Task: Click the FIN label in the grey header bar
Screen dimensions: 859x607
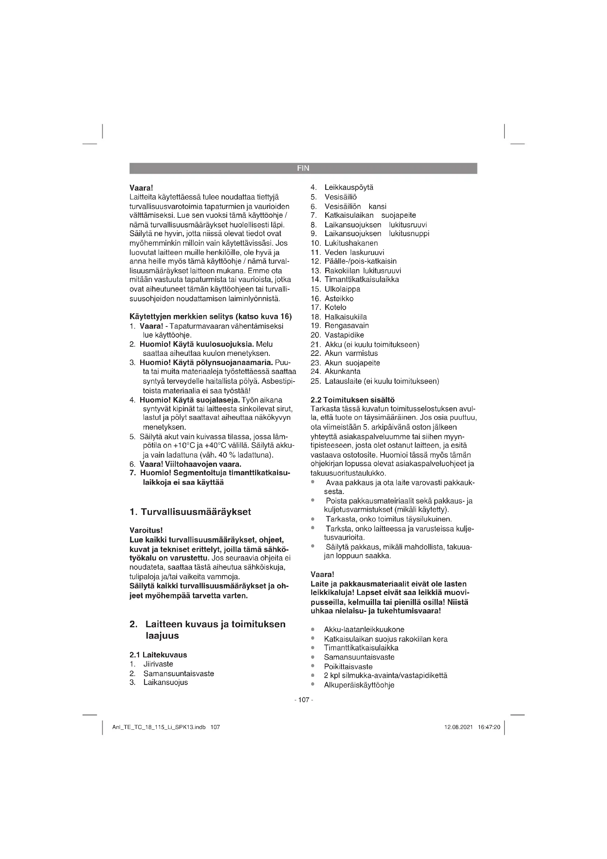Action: (303, 168)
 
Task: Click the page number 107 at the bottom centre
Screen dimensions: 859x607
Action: (303, 700)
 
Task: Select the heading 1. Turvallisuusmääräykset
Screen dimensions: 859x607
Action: (190, 512)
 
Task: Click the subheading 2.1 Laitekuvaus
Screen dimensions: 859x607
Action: (158, 655)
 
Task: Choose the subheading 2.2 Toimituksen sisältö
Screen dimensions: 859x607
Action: (352, 400)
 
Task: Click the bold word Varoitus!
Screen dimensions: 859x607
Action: (146, 530)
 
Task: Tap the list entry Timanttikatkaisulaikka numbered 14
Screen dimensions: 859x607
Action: (361, 279)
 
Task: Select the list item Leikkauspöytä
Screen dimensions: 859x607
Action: (349, 187)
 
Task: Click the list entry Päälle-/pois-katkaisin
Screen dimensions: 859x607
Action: (360, 261)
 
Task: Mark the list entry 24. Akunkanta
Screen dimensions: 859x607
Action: (342, 372)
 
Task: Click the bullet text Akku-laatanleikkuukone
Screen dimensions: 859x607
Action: (364, 630)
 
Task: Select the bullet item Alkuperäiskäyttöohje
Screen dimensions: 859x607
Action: (359, 685)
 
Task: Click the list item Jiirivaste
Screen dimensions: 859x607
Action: (158, 664)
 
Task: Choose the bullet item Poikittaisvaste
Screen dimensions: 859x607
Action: (348, 667)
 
